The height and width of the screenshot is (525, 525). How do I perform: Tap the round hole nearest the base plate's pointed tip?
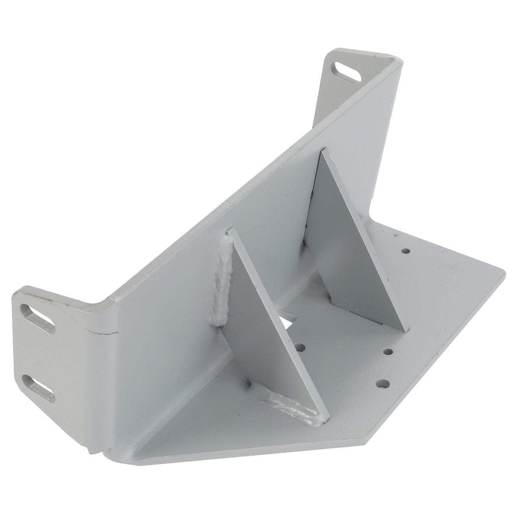(x=405, y=251)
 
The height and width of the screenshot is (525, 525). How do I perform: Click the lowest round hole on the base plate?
(x=381, y=383)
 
